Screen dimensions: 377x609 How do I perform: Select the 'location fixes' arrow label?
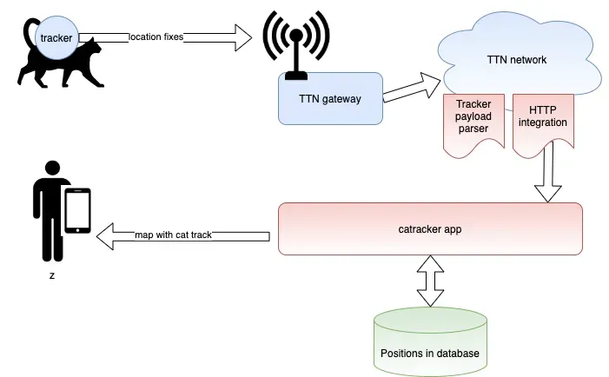(x=156, y=36)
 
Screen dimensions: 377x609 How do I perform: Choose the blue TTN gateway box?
(x=330, y=98)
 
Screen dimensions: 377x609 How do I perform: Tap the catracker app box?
(x=429, y=228)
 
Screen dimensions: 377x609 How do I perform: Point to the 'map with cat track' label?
(x=173, y=235)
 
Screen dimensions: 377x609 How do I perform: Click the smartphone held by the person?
(x=78, y=211)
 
